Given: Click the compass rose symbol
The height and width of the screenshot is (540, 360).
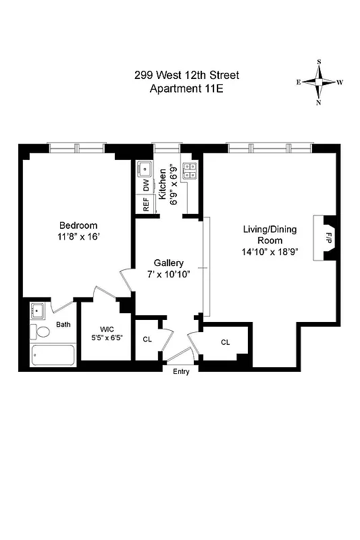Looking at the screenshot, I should [x=319, y=82].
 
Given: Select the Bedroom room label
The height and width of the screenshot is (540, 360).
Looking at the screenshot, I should [x=78, y=225].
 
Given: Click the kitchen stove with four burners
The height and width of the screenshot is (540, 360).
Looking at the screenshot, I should [x=190, y=171].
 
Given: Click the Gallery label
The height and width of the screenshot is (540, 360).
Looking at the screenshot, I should [x=169, y=263].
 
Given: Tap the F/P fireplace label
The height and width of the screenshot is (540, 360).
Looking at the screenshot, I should [x=329, y=238].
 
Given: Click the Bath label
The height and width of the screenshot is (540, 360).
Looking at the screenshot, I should [x=63, y=325].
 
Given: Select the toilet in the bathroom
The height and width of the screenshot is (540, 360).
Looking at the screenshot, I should [x=42, y=332].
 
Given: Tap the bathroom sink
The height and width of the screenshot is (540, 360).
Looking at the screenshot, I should [x=38, y=311].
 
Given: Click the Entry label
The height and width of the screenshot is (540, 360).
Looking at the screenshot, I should [x=180, y=372].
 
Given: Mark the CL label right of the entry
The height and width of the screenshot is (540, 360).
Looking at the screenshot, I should [x=226, y=342].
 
